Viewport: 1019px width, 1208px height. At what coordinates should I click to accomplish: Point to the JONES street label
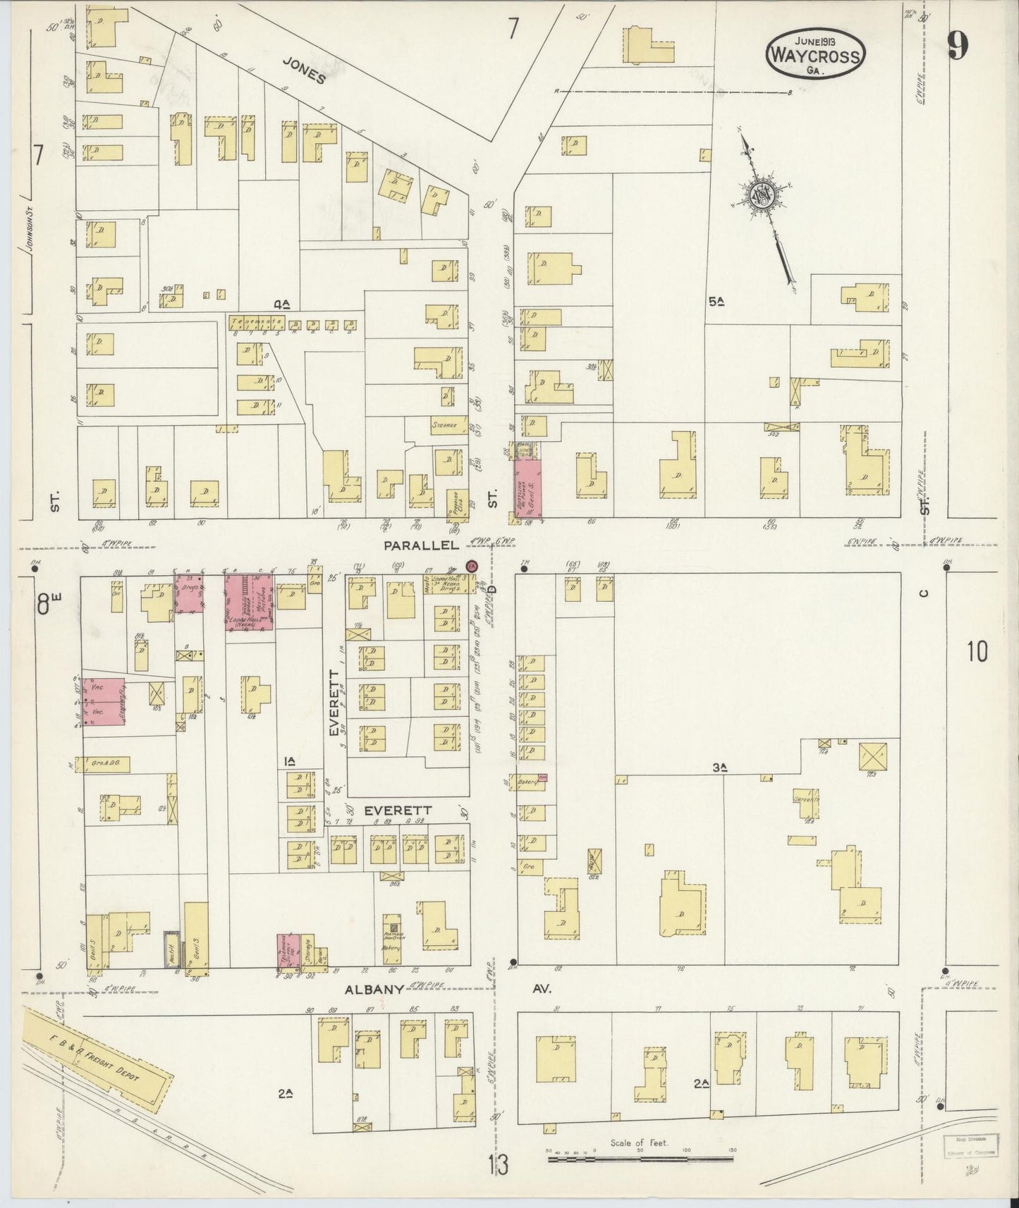pyautogui.click(x=304, y=70)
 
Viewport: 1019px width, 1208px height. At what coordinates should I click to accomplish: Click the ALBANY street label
pyautogui.click(x=374, y=989)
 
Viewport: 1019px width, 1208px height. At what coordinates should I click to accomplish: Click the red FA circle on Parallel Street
pyautogui.click(x=472, y=566)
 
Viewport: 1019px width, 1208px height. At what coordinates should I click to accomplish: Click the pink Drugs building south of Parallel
pyautogui.click(x=188, y=593)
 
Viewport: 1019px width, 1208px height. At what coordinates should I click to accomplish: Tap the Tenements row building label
pyautogui.click(x=255, y=321)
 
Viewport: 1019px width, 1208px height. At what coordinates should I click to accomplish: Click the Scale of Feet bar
pyautogui.click(x=640, y=1156)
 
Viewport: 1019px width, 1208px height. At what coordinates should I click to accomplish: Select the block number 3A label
pyautogui.click(x=719, y=768)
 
